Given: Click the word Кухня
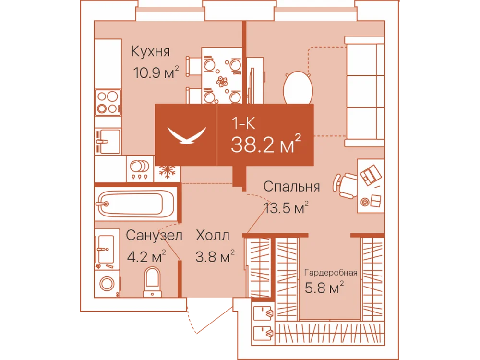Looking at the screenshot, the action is [x=150, y=51].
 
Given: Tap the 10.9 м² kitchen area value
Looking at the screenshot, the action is [x=156, y=73].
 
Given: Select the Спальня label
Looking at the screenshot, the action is [x=291, y=186].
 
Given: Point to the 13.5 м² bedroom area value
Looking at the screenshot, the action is [x=286, y=208].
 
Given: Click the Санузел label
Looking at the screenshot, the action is [x=154, y=235].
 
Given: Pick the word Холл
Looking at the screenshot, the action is [x=213, y=235].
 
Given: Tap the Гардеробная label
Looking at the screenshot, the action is [x=331, y=273].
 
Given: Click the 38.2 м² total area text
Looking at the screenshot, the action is [x=266, y=144].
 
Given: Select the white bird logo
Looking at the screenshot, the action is [x=187, y=135].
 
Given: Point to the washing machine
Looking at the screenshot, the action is [x=107, y=284].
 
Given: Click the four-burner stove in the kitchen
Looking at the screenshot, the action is [x=108, y=103].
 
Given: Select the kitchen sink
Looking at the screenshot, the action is [x=108, y=141].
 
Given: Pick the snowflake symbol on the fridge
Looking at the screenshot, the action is [x=167, y=172].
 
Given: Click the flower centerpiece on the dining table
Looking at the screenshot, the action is [x=222, y=82].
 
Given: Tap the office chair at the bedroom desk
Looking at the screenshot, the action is [x=345, y=185].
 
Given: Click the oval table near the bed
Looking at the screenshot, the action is [x=298, y=88].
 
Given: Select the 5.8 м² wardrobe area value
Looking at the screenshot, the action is [x=324, y=288].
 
